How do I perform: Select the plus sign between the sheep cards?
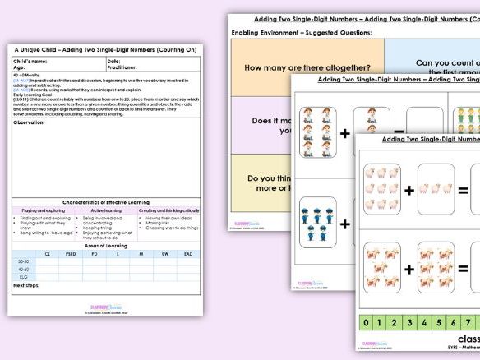[x=408, y=191]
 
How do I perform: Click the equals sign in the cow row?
[x=464, y=267]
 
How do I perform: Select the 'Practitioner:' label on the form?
[x=123, y=67]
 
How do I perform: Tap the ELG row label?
[x=22, y=276]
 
